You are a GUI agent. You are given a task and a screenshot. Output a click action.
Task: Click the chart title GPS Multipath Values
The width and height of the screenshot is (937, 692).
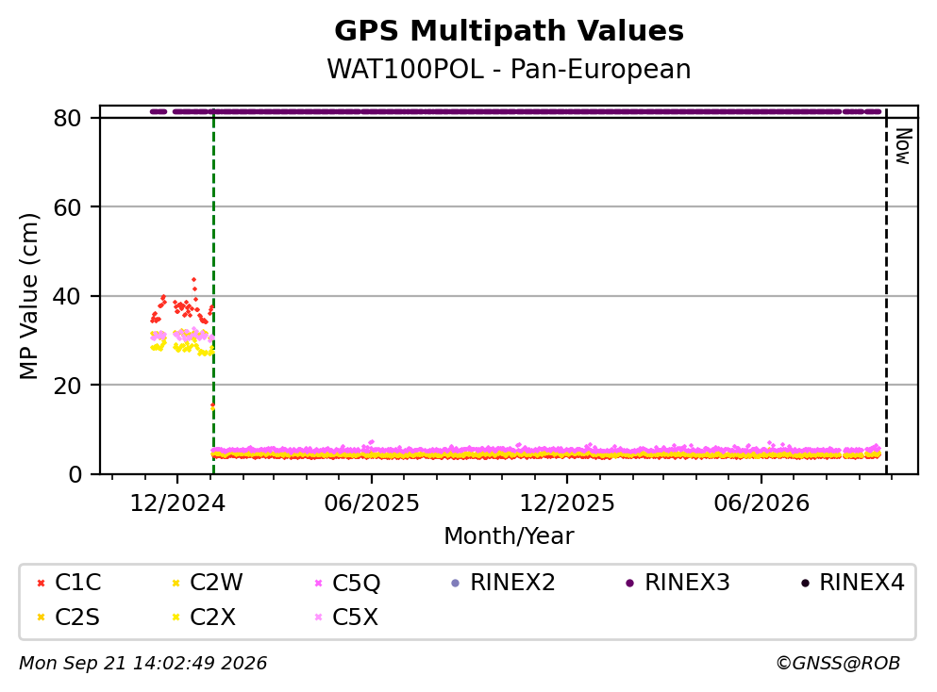coord(509,31)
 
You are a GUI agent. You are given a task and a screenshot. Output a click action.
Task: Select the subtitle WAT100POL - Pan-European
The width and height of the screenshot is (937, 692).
coord(509,69)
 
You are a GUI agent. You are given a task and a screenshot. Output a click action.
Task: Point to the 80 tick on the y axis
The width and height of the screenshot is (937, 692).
coord(67,118)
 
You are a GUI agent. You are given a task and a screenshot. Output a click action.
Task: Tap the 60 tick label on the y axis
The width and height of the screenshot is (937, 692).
coord(67,207)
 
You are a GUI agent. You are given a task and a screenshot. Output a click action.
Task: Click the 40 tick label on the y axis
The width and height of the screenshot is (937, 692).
coord(67,296)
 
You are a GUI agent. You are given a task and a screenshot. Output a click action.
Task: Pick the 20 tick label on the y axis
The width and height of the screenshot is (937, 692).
coord(67,385)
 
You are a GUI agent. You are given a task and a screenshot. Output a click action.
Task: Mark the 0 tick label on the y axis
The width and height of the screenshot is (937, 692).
coord(75,474)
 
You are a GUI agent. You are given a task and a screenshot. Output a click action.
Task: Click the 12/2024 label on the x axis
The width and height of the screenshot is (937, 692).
coord(177,503)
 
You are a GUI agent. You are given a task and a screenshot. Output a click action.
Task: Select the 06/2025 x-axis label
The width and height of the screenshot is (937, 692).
coord(372,503)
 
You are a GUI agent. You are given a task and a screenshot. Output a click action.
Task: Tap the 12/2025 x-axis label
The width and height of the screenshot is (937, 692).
coord(566,503)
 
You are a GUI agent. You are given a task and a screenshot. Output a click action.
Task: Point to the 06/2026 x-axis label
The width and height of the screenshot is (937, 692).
coord(761,503)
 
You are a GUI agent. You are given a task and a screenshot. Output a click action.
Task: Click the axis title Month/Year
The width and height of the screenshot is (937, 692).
coord(509,536)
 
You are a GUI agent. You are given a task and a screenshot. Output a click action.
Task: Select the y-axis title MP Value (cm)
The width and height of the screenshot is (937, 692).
coord(28,296)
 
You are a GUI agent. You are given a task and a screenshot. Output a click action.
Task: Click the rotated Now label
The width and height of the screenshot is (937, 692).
coord(903,146)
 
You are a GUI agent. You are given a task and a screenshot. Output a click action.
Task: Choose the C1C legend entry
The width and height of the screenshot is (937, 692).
coord(69,582)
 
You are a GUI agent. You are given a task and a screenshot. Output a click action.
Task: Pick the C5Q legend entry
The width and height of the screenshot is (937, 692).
coord(347,583)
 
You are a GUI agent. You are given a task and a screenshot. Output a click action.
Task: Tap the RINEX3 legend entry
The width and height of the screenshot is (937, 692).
coord(678,582)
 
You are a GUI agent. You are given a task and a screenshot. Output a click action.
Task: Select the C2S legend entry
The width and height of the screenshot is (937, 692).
coord(68,617)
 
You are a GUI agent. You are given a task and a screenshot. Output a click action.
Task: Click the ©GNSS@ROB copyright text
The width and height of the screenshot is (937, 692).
coord(838,663)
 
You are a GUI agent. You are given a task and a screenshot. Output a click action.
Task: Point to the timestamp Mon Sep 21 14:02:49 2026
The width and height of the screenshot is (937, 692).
coord(142,663)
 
